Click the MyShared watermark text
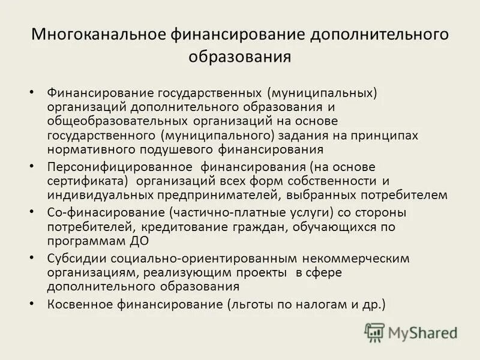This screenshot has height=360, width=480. tap(423, 332)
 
